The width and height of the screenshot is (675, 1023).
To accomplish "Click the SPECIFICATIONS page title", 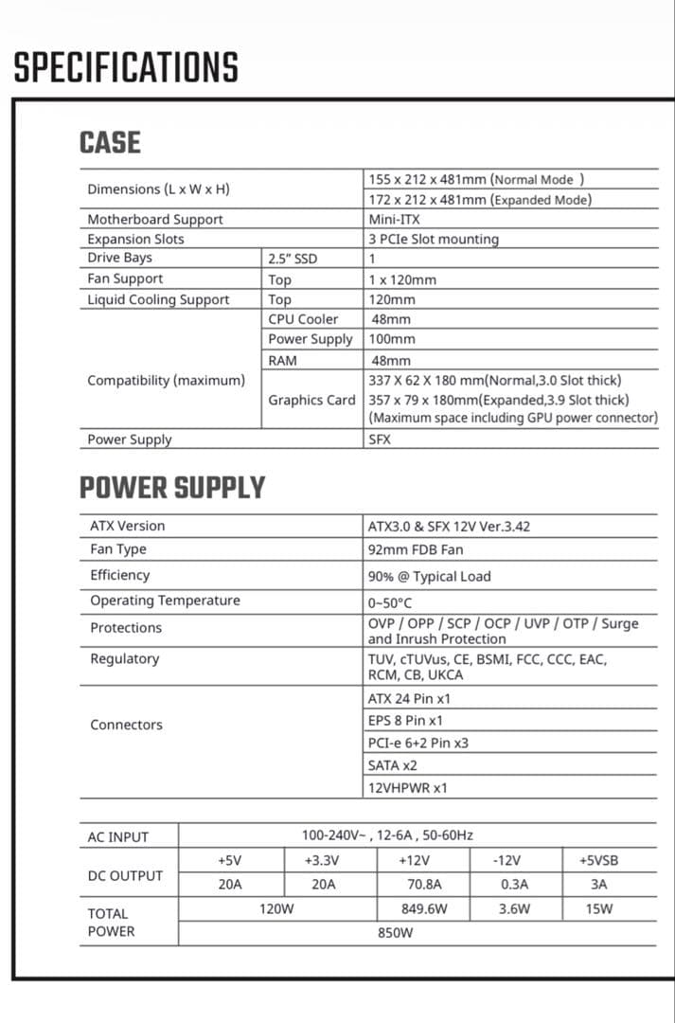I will [126, 68].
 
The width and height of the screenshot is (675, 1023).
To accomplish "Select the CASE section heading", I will [110, 143].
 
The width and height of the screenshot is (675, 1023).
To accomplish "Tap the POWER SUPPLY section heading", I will [171, 488].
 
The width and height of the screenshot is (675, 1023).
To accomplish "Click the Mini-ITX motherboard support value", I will [395, 219].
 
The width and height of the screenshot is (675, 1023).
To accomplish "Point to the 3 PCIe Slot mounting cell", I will [434, 239].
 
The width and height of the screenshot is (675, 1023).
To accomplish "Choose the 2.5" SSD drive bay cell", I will [293, 258].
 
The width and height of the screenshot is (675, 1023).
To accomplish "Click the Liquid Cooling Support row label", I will [158, 299].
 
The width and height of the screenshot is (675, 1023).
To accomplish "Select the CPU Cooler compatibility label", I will [303, 319].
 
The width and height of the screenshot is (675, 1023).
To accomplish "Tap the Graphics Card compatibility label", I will [311, 400].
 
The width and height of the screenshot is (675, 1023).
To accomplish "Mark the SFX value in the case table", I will [380, 440].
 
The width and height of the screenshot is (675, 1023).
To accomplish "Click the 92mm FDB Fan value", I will [416, 549].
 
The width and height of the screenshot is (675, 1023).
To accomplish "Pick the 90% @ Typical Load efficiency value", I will [429, 576].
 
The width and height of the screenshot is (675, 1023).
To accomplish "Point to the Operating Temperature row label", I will [165, 601].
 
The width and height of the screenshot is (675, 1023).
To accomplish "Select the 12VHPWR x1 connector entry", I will [408, 787].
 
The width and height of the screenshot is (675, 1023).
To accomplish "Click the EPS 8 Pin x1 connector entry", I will [405, 721].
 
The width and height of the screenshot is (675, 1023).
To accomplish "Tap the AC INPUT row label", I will [118, 837].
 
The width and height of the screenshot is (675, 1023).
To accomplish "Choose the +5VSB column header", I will [598, 861].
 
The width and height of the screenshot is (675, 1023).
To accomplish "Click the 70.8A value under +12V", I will [424, 885].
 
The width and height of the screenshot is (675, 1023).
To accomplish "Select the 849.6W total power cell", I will [424, 908].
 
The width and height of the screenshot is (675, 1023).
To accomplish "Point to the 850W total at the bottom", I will [396, 933].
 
